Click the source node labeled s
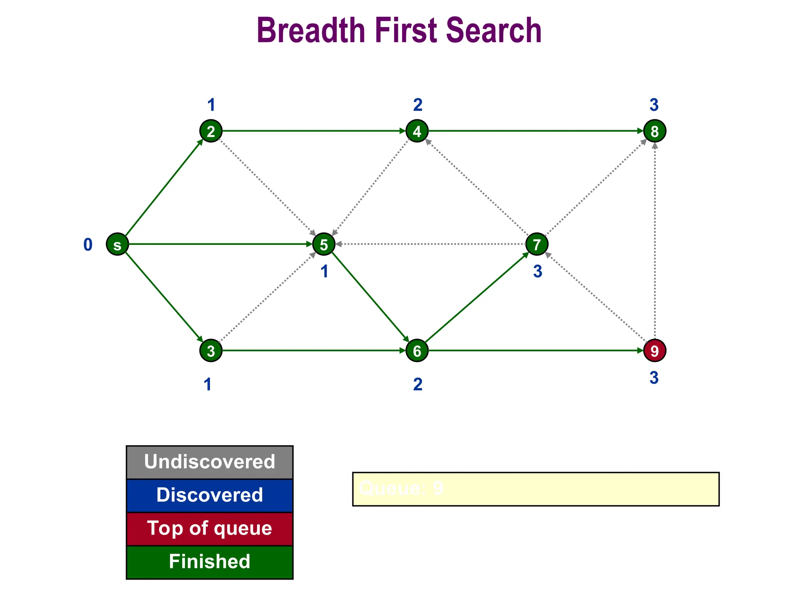point(117,245)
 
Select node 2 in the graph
point(211,131)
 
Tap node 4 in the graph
point(417,131)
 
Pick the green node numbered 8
point(654,131)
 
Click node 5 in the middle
point(324,245)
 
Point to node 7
point(537,245)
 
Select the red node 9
point(654,351)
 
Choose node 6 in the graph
point(417,351)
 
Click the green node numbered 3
point(211,351)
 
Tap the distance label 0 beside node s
point(88,245)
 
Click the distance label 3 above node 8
point(654,105)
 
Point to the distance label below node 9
point(654,378)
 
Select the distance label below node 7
point(538,271)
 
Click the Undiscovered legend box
point(210,462)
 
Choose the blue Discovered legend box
point(210,495)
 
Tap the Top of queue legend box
point(210,529)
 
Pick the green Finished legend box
point(210,562)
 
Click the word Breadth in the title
point(311,30)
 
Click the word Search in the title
point(494,30)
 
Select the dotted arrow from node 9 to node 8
point(655,242)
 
